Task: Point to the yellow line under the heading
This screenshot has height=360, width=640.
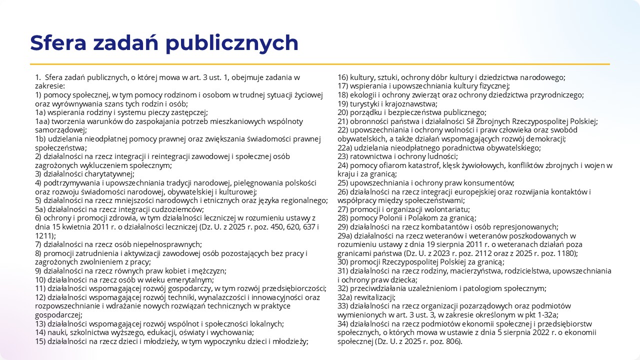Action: pyautogui.click(x=320, y=64)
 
